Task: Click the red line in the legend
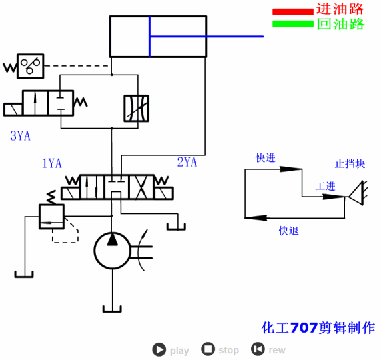(292, 11)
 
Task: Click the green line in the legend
(292, 24)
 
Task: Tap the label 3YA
(20, 136)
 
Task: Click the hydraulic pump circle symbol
(112, 250)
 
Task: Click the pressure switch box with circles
(30, 67)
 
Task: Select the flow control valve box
(136, 108)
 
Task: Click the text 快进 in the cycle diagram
(266, 158)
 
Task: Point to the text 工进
(325, 187)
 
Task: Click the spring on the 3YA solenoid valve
(79, 103)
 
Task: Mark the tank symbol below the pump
(112, 308)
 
